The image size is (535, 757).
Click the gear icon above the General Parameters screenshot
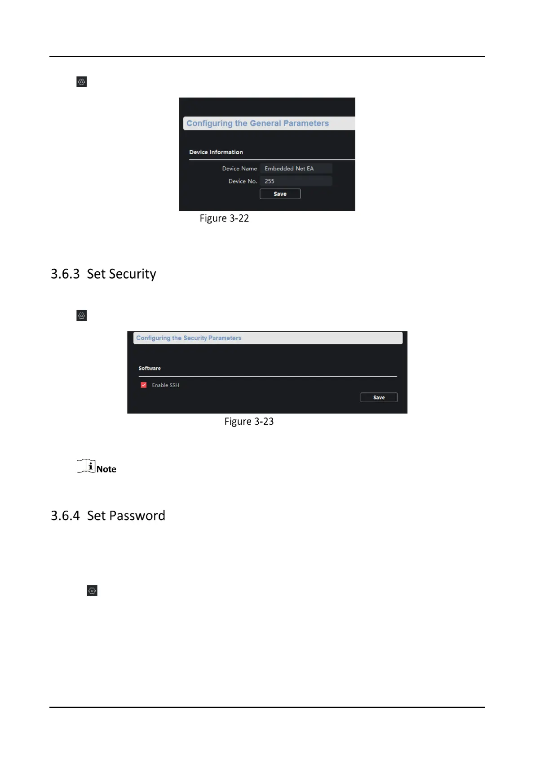(81, 81)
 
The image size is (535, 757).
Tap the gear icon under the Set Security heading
(81, 316)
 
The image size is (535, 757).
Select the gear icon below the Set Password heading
(92, 591)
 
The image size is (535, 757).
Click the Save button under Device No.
(280, 194)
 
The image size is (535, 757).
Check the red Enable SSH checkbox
(144, 385)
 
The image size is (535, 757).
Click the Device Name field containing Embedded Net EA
(296, 168)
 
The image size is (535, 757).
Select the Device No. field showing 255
(296, 181)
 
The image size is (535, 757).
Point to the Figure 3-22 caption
(224, 218)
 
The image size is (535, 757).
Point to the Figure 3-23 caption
(249, 421)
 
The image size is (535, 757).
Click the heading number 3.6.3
(65, 274)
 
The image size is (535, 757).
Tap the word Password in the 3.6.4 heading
(137, 516)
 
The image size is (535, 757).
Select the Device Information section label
(216, 152)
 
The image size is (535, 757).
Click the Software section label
(150, 368)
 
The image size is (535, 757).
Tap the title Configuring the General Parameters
(257, 123)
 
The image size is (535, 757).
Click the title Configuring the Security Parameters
(189, 338)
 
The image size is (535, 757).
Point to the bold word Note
(106, 469)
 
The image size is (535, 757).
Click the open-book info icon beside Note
(86, 466)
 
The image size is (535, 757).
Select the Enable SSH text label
(165, 385)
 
